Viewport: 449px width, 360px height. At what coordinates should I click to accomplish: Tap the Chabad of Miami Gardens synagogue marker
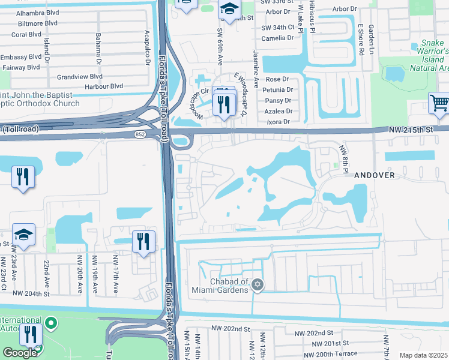tap(258, 284)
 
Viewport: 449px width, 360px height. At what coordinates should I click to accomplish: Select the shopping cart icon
tap(439, 104)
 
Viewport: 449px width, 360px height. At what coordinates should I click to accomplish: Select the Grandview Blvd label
tap(80, 77)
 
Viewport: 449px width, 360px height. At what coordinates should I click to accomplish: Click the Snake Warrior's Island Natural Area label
tap(427, 55)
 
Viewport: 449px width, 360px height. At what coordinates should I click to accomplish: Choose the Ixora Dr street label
tap(279, 122)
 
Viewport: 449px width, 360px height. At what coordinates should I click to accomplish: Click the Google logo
tap(19, 352)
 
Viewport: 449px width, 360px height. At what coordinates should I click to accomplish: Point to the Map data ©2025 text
tap(423, 355)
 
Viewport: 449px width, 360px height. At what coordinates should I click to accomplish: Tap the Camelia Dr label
tap(277, 38)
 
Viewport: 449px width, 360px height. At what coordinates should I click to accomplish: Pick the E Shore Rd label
tap(361, 40)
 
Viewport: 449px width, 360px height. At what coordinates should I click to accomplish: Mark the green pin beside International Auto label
tap(51, 324)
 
